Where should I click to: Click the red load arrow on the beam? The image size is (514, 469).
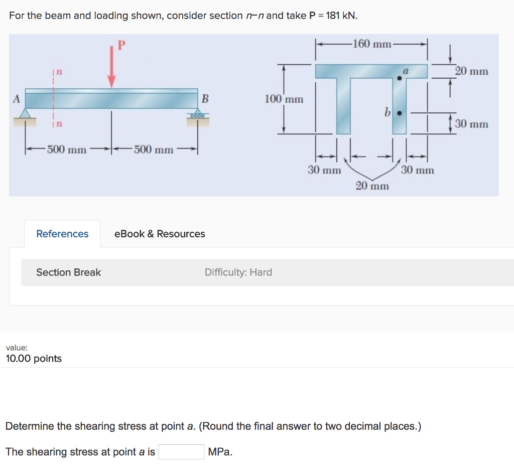[x=111, y=68]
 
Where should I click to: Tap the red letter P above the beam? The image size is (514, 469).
[x=120, y=46]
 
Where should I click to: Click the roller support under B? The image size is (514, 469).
[x=197, y=115]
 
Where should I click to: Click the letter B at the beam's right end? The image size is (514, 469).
[x=204, y=98]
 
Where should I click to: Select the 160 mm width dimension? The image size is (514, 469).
[x=371, y=44]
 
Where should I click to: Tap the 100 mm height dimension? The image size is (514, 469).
[x=284, y=99]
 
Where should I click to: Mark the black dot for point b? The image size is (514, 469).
[x=400, y=113]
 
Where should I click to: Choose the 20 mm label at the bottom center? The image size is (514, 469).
[x=372, y=186]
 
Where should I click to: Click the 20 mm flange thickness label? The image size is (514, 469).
[x=471, y=71]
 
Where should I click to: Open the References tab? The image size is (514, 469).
[x=62, y=234]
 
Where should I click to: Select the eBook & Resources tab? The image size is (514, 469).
[x=160, y=234]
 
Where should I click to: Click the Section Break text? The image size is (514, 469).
[x=68, y=272]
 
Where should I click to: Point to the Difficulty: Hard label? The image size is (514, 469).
[x=238, y=272]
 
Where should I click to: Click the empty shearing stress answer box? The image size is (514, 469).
[x=181, y=452]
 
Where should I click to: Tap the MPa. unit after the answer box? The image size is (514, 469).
[x=220, y=452]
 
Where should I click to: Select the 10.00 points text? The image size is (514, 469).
[x=34, y=358]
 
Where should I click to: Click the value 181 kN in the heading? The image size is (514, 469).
[x=341, y=16]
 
